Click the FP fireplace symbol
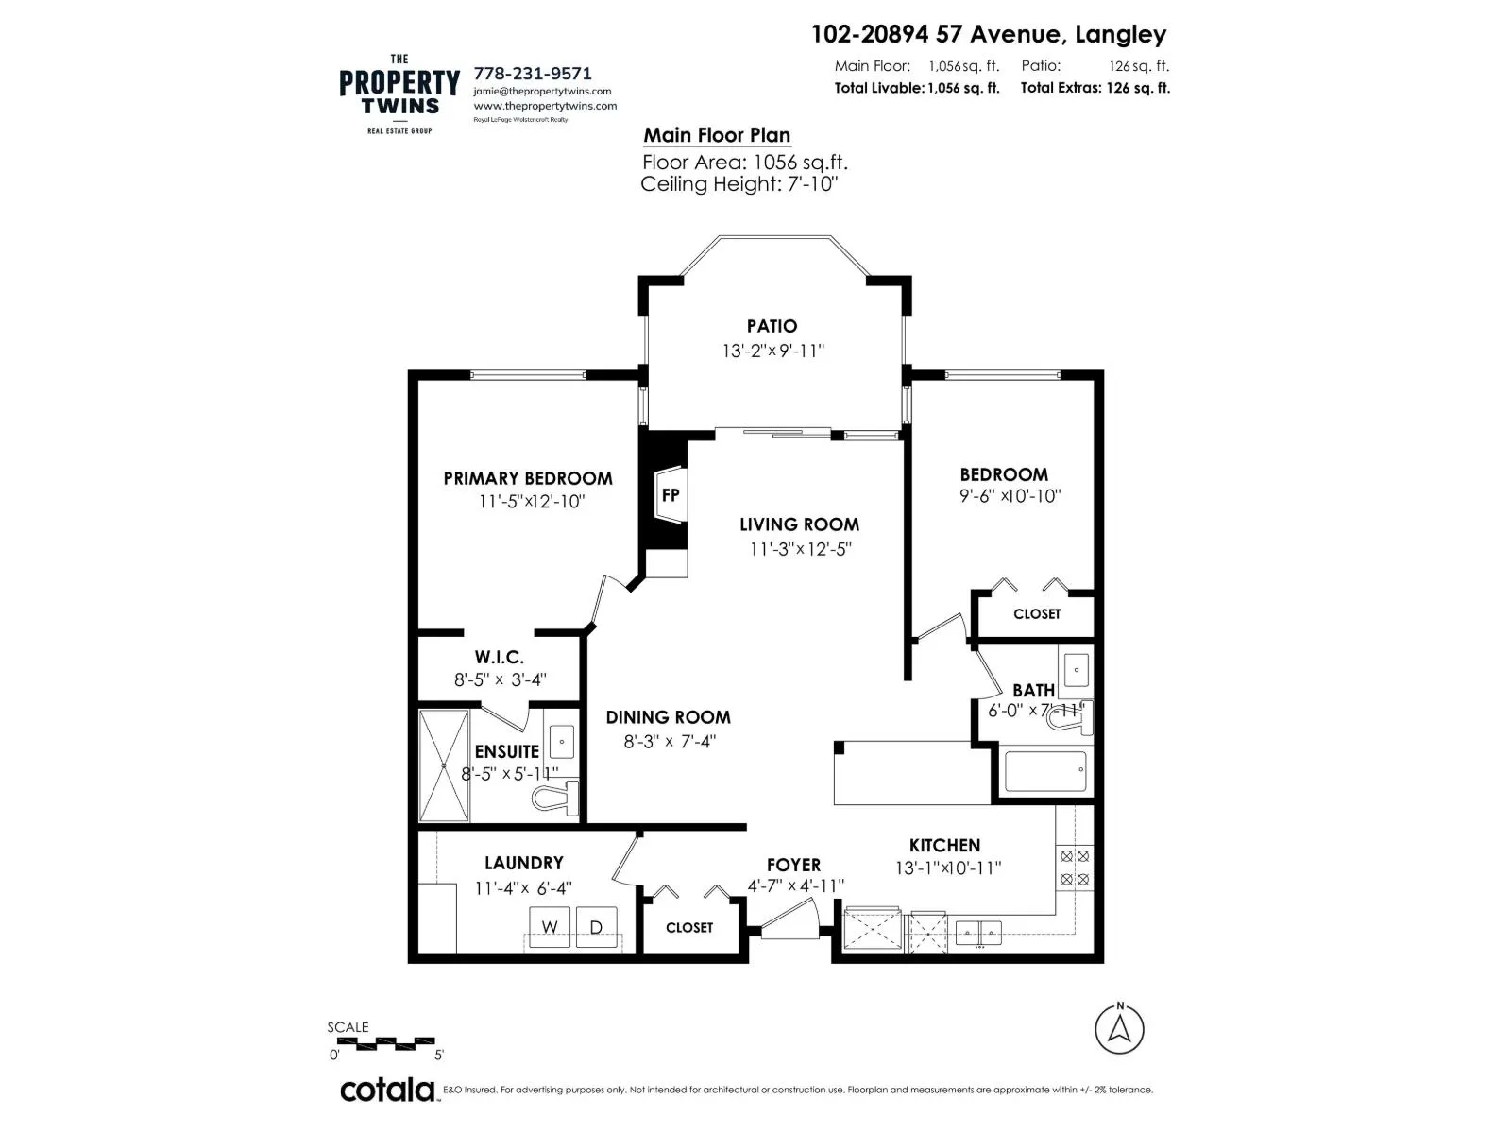click(x=670, y=495)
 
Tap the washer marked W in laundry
click(x=550, y=927)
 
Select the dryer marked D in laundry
click(x=596, y=927)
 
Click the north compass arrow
click(x=1119, y=1029)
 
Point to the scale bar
click(x=385, y=1044)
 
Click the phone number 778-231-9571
click(x=532, y=73)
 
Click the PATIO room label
click(x=772, y=326)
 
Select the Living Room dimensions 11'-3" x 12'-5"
click(x=800, y=549)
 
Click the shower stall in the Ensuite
click(x=444, y=765)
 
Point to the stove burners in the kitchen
click(x=1075, y=868)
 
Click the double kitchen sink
click(x=977, y=933)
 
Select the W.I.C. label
click(x=499, y=657)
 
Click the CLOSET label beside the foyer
click(x=688, y=927)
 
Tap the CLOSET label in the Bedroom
click(x=1036, y=613)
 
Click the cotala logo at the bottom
click(x=387, y=1090)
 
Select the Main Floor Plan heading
click(x=717, y=135)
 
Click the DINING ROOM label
click(x=668, y=717)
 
